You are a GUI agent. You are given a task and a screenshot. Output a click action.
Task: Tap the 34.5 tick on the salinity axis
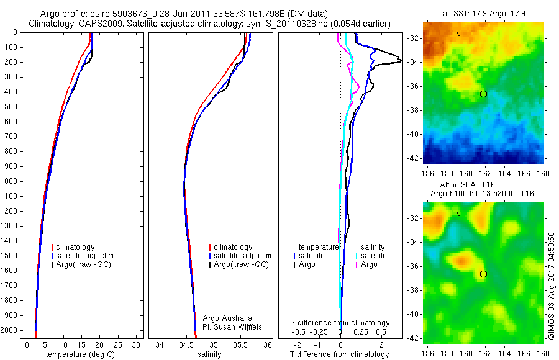[x=186, y=344]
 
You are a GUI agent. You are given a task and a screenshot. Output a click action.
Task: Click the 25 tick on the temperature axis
[x=118, y=344]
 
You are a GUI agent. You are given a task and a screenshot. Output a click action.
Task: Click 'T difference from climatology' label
[x=340, y=354]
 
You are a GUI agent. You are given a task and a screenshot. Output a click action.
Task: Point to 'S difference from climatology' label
[x=340, y=323]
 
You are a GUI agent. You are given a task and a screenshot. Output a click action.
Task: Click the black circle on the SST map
[x=483, y=94]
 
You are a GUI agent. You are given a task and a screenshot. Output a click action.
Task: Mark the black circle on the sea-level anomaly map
[x=483, y=274]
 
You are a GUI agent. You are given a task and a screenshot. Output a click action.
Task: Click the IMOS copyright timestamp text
[x=552, y=286]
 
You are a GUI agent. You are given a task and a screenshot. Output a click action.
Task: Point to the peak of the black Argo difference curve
[x=400, y=60]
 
